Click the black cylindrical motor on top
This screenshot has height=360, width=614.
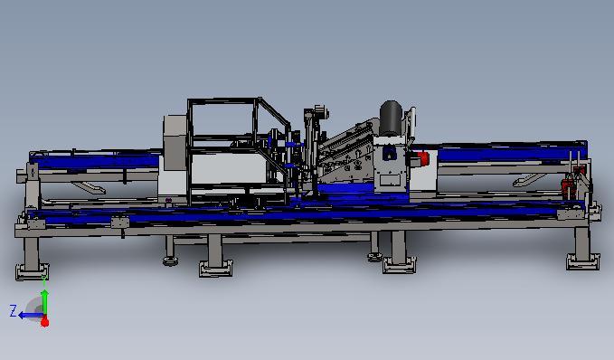(391, 118)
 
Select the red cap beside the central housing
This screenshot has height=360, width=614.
(423, 158)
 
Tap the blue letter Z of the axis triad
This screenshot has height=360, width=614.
(14, 311)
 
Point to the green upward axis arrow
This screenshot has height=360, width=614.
(45, 302)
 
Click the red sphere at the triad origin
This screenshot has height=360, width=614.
(45, 322)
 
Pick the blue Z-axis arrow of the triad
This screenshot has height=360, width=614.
(31, 315)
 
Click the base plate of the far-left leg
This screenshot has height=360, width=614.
(33, 271)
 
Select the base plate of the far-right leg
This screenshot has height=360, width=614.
(582, 261)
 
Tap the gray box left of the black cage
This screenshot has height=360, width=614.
(175, 143)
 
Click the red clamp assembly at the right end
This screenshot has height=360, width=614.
(569, 184)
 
